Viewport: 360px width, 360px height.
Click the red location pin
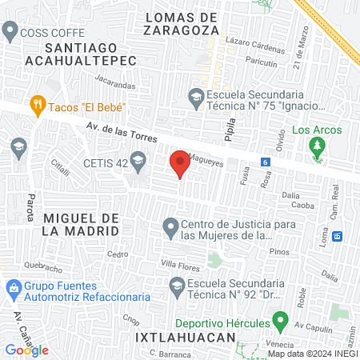tap(180, 164)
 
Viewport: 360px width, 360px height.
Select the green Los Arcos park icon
tap(318, 146)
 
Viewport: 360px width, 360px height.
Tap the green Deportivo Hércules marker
tap(280, 323)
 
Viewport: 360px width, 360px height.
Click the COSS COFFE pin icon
tap(10, 33)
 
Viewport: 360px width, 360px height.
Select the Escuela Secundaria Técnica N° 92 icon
tap(177, 285)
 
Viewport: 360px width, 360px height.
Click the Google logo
tap(26, 350)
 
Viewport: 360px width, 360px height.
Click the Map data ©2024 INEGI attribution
tap(312, 354)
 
